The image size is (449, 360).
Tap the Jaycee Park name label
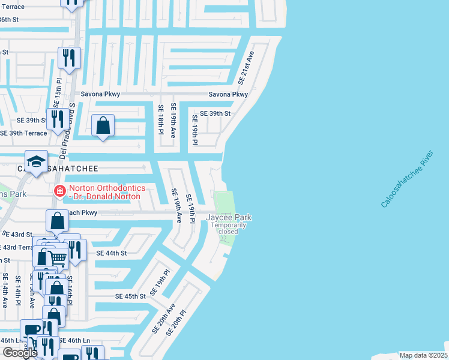pyautogui.click(x=229, y=217)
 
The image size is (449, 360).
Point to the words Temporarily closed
pyautogui.click(x=229, y=229)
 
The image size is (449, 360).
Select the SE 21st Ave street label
pyautogui.click(x=246, y=67)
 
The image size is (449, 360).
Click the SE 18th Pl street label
pyautogui.click(x=161, y=118)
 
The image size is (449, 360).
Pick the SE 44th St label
pyautogui.click(x=112, y=254)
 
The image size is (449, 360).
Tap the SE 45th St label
pyautogui.click(x=131, y=296)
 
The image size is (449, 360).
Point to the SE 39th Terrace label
pyautogui.click(x=23, y=133)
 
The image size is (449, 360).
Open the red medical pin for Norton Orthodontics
pyautogui.click(x=59, y=191)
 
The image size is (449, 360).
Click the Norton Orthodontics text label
pyautogui.click(x=104, y=192)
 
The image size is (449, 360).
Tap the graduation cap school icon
pyautogui.click(x=36, y=161)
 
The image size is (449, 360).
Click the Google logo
pyautogui.click(x=20, y=353)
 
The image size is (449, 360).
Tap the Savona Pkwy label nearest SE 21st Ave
pyautogui.click(x=228, y=95)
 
